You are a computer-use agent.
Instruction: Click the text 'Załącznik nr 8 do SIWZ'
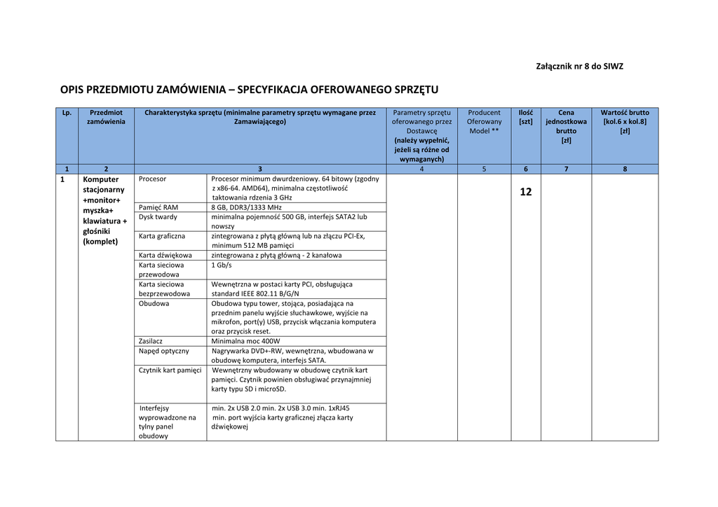point(579,67)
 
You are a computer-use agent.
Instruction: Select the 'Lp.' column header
point(67,112)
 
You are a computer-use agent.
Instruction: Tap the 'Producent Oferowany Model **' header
point(484,121)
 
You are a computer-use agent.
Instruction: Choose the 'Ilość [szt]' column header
point(525,117)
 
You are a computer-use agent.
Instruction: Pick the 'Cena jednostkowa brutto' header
point(566,126)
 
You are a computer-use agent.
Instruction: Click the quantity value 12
point(526,192)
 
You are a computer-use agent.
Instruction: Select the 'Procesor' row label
point(152,179)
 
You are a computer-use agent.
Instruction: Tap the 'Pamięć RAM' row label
point(158,207)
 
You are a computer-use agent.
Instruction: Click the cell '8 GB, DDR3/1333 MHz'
point(246,207)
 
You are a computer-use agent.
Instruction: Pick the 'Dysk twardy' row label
point(158,217)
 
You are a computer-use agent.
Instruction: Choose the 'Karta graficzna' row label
point(162,236)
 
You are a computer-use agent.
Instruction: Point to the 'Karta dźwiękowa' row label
point(165,256)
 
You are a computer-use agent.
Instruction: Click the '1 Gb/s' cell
point(222,265)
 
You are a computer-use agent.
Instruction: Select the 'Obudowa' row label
point(154,303)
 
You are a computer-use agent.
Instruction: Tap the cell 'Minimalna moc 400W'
point(245,341)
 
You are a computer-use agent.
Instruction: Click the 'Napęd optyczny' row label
point(163,351)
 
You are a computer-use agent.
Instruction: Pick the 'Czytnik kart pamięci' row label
point(170,370)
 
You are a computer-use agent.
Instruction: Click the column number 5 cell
point(484,169)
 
